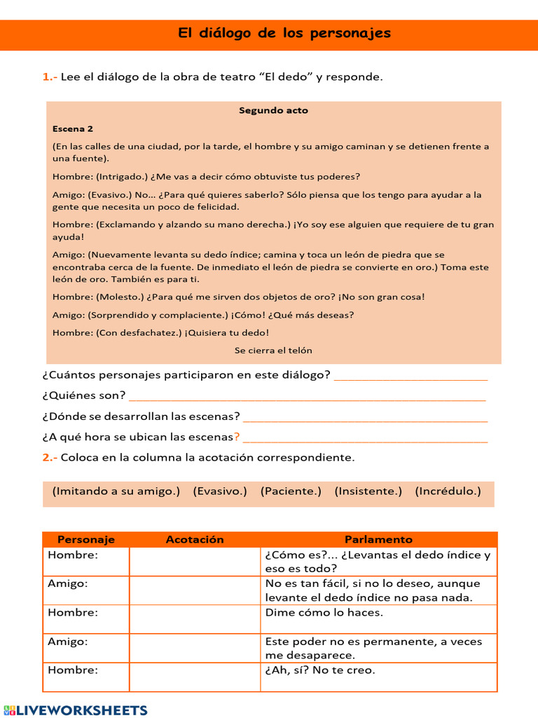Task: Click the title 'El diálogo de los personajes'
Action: click(x=284, y=34)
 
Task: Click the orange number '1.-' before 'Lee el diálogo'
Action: click(x=50, y=77)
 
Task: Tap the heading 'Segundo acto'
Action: click(x=273, y=111)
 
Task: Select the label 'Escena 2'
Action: click(x=73, y=129)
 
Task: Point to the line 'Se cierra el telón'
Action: click(x=273, y=351)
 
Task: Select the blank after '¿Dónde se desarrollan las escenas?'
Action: click(x=365, y=417)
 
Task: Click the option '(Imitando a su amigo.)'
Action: click(x=116, y=492)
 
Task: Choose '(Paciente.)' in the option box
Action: click(x=291, y=492)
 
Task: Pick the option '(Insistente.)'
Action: click(x=368, y=492)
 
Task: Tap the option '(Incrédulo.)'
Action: click(x=448, y=492)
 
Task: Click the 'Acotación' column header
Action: click(x=195, y=540)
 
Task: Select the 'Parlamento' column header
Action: click(x=378, y=540)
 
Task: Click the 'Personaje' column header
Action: click(x=86, y=540)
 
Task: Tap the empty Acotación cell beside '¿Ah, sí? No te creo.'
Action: click(x=195, y=677)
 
